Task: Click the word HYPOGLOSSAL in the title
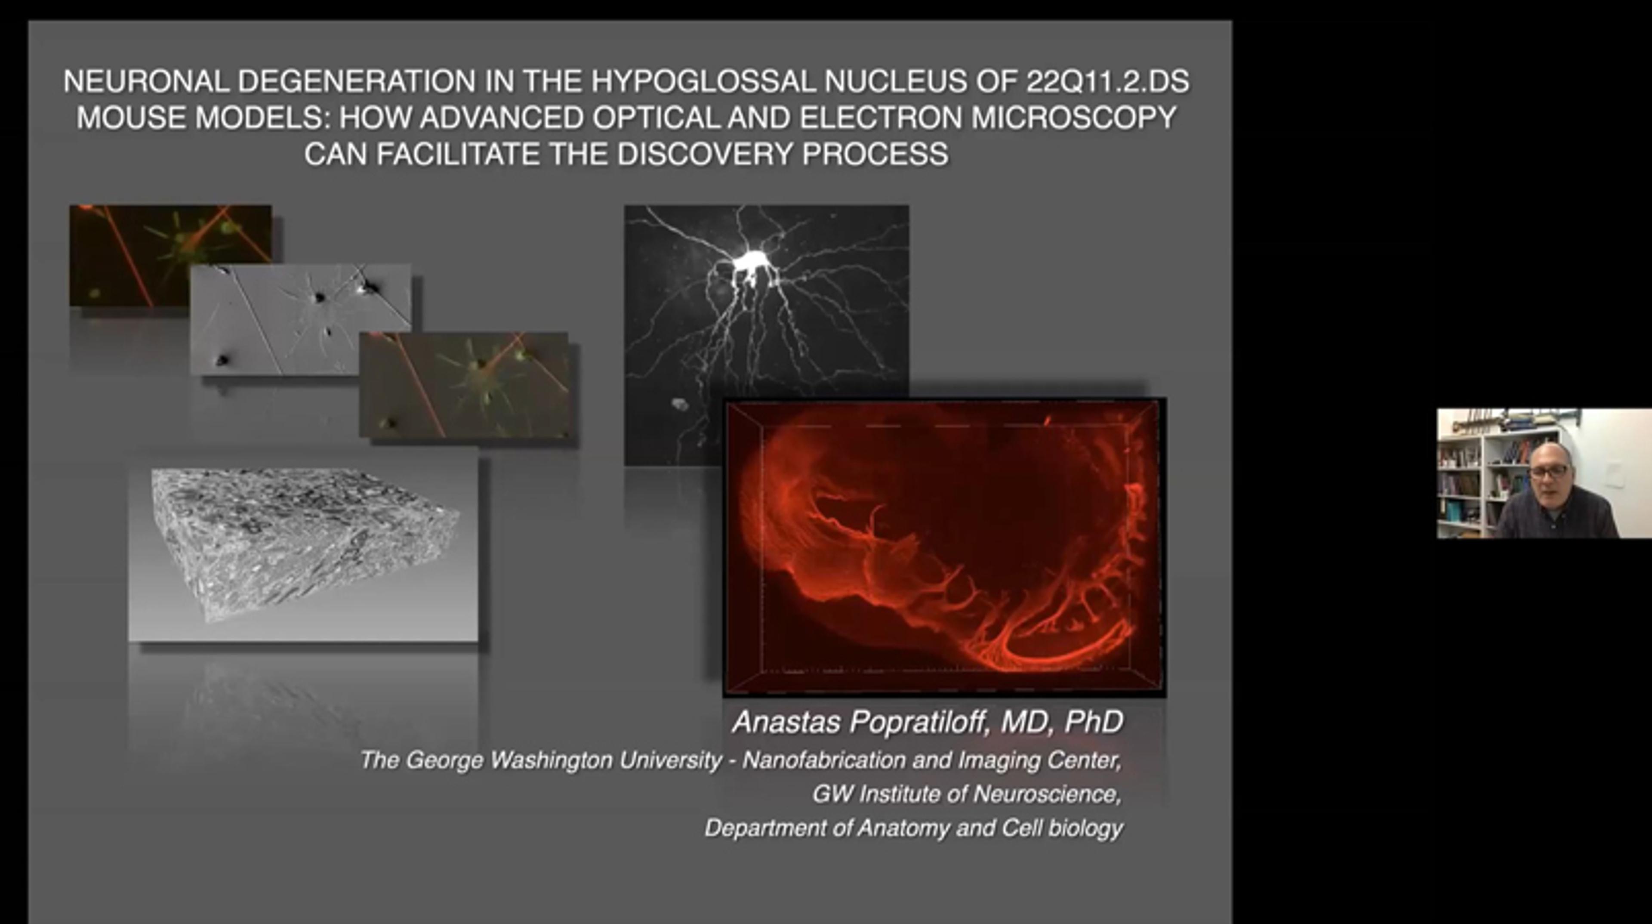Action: pos(703,81)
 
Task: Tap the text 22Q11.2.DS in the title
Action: pos(1107,81)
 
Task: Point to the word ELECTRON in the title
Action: pos(881,117)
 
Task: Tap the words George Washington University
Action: pos(564,760)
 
